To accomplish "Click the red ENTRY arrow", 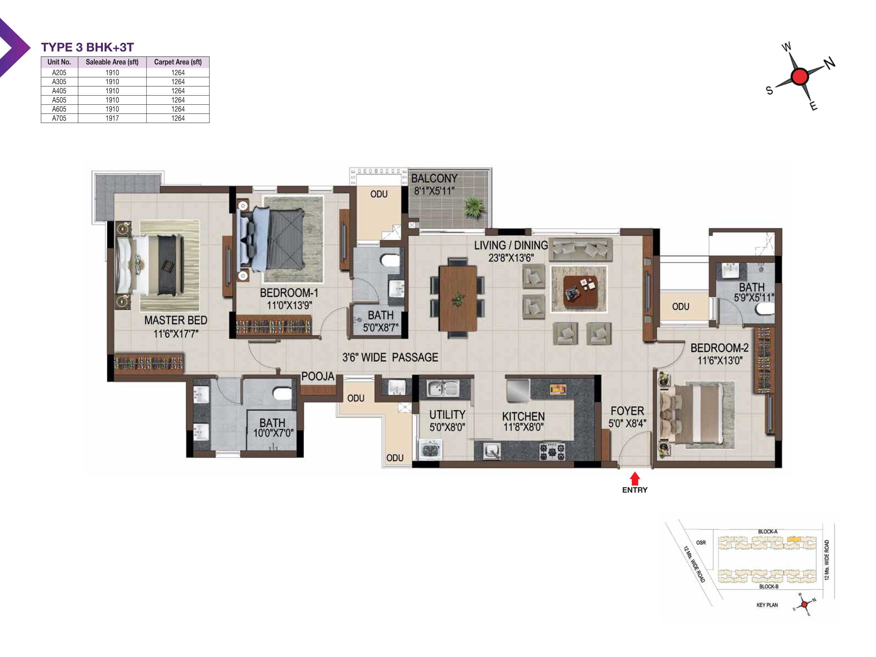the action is pyautogui.click(x=635, y=479).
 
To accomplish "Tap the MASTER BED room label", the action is pyautogui.click(x=175, y=320).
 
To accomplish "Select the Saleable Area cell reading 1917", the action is pyautogui.click(x=112, y=118).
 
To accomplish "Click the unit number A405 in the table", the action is pyautogui.click(x=59, y=91).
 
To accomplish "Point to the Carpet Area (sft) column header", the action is pyautogui.click(x=178, y=62).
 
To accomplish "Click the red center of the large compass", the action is pyautogui.click(x=800, y=76).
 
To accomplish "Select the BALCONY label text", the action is pyautogui.click(x=434, y=178).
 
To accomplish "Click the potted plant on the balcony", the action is pyautogui.click(x=474, y=207).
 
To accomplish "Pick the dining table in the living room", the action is pyautogui.click(x=458, y=298).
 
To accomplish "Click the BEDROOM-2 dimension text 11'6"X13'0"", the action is pyautogui.click(x=720, y=360).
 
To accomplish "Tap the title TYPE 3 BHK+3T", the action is pyautogui.click(x=88, y=47).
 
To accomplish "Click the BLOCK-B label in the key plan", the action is pyautogui.click(x=769, y=586).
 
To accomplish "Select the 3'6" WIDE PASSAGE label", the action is pyautogui.click(x=390, y=357).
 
